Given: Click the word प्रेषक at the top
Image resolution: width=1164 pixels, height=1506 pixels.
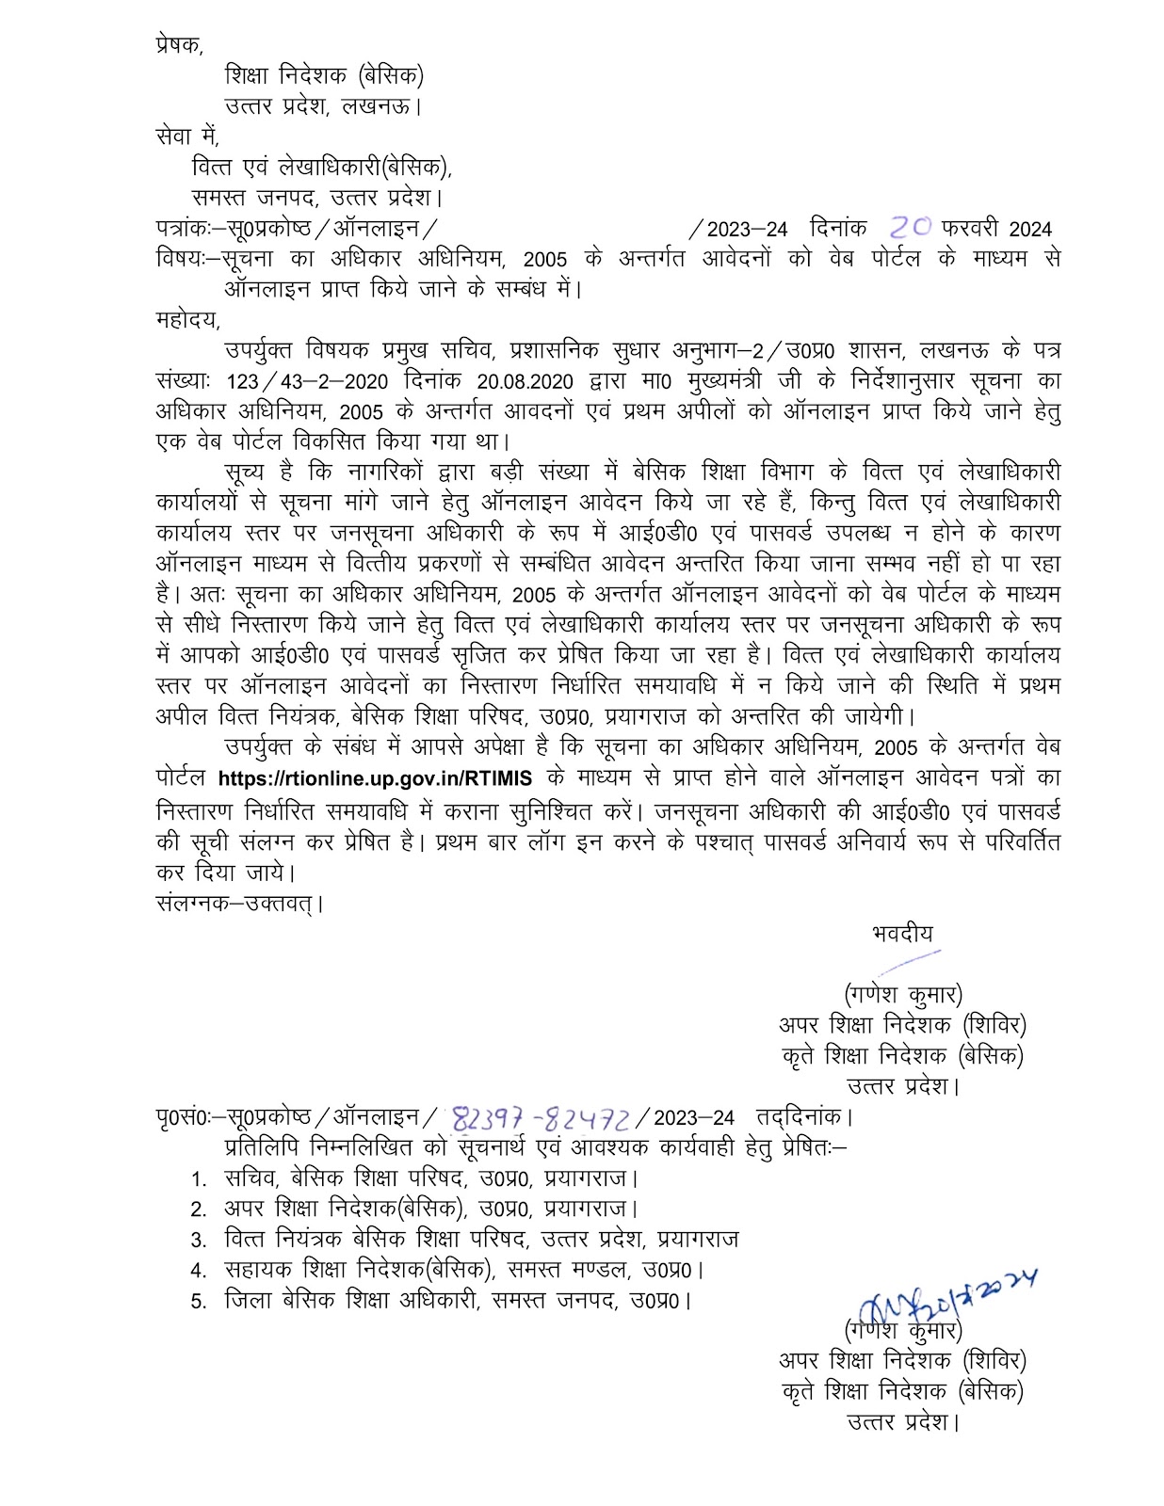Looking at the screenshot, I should pos(178,45).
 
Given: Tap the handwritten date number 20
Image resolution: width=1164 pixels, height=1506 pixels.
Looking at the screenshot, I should pos(910,227).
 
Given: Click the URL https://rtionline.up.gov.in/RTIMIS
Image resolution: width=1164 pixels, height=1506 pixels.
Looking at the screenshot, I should pos(375,778).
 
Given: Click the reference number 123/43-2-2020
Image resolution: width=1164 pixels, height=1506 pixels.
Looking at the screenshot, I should pos(299,381).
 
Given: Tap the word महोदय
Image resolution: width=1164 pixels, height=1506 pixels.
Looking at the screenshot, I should pos(187,319).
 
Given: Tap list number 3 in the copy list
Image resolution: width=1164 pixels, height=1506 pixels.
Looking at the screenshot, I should pos(198,1240).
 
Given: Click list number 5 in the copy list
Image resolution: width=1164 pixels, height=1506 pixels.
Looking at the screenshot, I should pos(198,1302).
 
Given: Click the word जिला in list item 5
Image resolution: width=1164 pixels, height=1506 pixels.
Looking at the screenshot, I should pos(250,1301).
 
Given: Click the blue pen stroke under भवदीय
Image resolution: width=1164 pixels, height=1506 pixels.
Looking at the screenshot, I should pos(909,962).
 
